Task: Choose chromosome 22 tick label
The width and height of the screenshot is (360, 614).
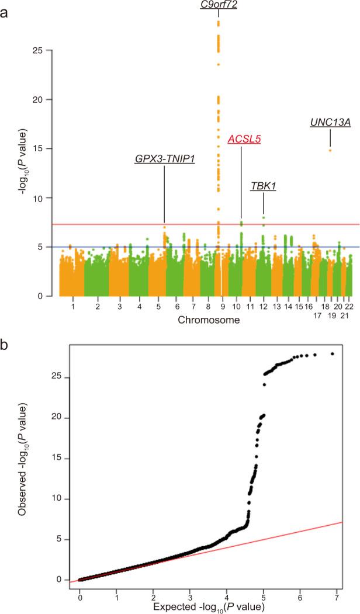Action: pos(349,306)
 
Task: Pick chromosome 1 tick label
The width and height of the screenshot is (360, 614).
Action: pos(72,306)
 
